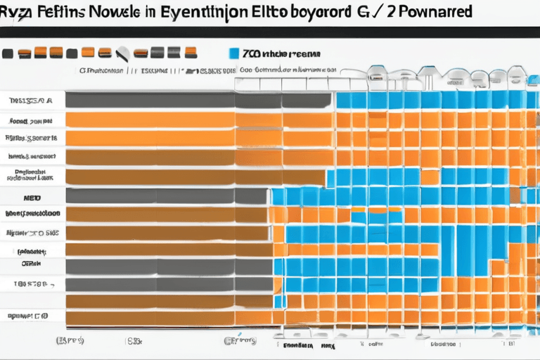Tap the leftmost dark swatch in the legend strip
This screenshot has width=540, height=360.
point(8,53)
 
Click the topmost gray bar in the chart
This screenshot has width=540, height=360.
point(197,101)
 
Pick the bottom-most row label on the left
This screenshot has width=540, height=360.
point(28,316)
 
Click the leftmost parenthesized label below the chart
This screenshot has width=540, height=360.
point(70,340)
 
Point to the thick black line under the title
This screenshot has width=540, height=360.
point(270,32)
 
